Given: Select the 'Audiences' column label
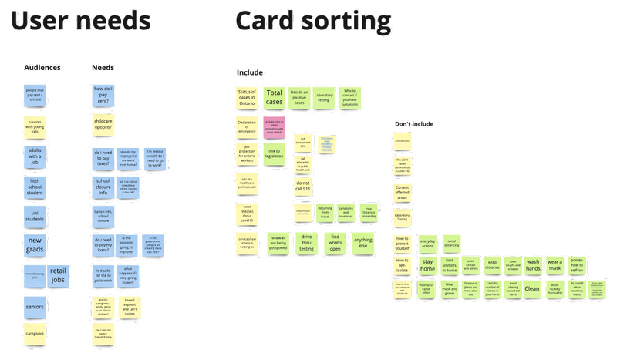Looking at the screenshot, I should (x=43, y=68).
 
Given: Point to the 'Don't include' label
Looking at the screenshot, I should (x=414, y=124).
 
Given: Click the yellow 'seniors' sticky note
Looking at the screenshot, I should (x=35, y=307).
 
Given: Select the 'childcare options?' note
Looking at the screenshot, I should (x=103, y=125).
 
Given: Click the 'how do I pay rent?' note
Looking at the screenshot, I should (x=103, y=96).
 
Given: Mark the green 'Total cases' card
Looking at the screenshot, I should (x=274, y=97).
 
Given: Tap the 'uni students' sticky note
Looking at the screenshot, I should (x=35, y=214).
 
